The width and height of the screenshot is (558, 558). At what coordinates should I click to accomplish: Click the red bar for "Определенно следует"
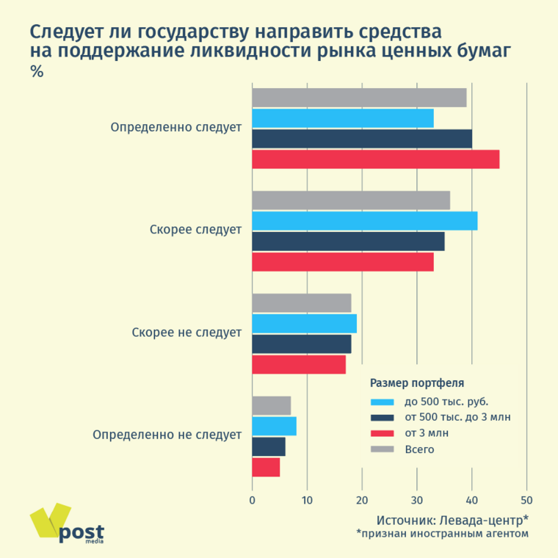[x=375, y=159]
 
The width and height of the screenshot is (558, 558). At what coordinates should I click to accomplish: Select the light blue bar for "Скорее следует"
[x=364, y=221]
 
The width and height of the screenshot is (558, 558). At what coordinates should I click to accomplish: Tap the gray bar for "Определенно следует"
[x=359, y=98]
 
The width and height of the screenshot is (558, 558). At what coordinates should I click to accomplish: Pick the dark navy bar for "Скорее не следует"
[x=301, y=344]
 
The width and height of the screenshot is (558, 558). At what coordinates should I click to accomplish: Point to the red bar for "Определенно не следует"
[x=266, y=468]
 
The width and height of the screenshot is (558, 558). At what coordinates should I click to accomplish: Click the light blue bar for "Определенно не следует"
[x=274, y=427]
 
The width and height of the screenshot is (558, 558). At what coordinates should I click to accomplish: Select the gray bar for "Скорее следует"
[x=351, y=200]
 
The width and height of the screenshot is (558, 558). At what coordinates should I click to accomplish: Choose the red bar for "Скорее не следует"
[x=298, y=365]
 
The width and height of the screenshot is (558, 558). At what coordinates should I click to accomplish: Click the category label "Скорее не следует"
[x=186, y=333]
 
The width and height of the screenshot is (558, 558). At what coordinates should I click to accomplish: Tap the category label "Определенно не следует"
[x=167, y=435]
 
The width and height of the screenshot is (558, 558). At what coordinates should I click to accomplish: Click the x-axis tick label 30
[x=417, y=501]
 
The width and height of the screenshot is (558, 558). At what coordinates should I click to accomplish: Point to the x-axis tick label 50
[x=526, y=501]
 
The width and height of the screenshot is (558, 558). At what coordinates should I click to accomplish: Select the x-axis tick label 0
[x=252, y=501]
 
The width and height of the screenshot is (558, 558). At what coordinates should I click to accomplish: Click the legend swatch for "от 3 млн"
[x=383, y=433]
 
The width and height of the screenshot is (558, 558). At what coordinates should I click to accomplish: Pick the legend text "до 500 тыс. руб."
[x=446, y=402]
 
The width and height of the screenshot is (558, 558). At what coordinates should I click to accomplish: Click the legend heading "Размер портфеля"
[x=416, y=383]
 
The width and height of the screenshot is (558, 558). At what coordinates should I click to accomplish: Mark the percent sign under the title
[x=36, y=72]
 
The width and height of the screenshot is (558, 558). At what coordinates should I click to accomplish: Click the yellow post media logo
[x=66, y=524]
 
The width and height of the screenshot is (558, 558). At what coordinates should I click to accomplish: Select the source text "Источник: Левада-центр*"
[x=452, y=520]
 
